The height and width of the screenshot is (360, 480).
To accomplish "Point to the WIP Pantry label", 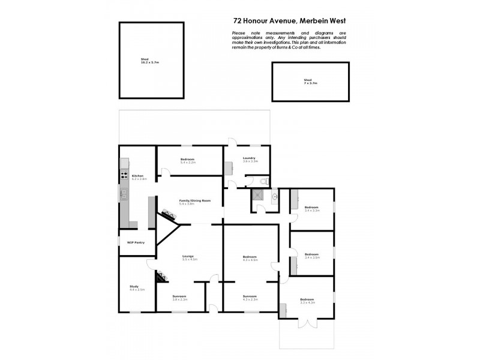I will click(x=136, y=242).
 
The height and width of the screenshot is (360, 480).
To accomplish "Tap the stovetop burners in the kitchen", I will click(x=124, y=176).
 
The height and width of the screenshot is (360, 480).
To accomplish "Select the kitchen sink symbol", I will click(x=124, y=193).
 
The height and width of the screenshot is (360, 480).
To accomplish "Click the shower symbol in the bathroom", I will click(x=259, y=195).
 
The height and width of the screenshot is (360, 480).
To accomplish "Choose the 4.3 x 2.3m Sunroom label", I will click(x=250, y=297).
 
